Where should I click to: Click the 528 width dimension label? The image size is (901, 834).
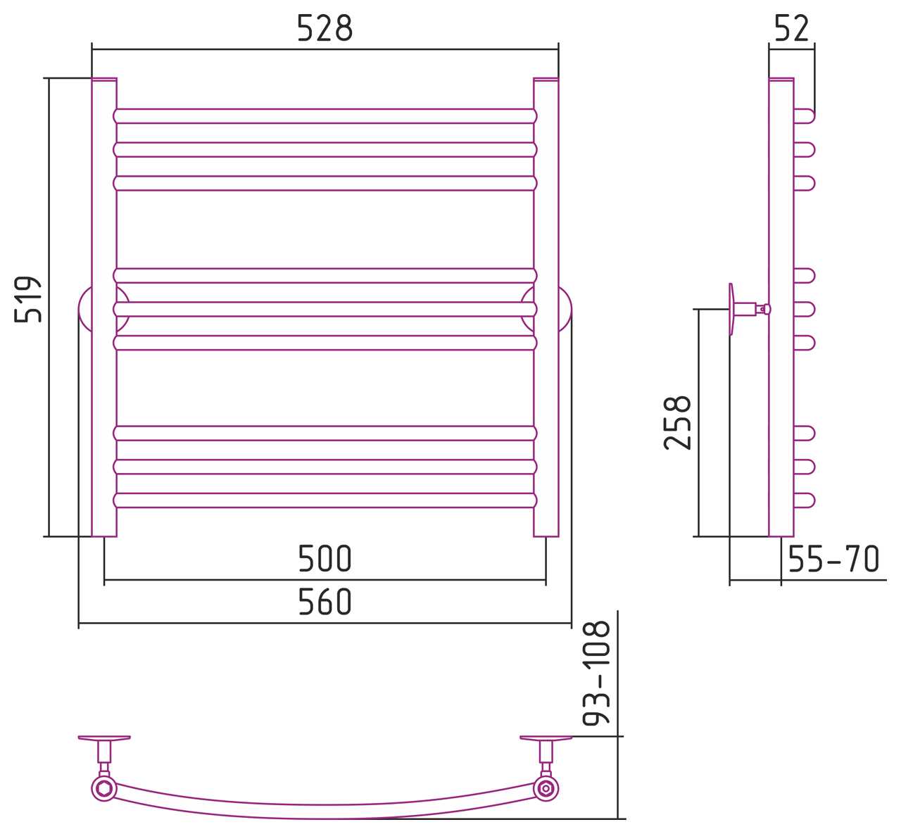325,28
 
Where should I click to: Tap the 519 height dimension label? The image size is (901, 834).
28,300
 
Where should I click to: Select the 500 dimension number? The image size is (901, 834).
325,559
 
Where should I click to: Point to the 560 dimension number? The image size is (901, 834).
325,602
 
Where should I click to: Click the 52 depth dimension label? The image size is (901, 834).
792,28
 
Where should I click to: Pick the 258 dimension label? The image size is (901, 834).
677,423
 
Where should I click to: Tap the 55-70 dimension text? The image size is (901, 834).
834,559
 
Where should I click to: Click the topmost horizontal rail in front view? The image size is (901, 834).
325,116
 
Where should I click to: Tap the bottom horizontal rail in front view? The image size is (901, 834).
325,500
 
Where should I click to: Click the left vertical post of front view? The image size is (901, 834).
104,307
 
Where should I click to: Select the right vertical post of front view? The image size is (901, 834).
546,307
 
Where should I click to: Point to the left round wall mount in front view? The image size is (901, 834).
84,310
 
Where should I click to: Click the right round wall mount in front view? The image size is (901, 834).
565,310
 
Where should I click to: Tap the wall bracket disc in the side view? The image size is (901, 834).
731,310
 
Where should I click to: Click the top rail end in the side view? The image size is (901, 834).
805,116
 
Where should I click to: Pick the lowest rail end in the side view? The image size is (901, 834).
805,500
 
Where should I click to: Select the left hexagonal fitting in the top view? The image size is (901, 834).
104,789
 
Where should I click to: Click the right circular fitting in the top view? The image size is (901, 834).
546,789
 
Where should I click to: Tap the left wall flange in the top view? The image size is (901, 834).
104,738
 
